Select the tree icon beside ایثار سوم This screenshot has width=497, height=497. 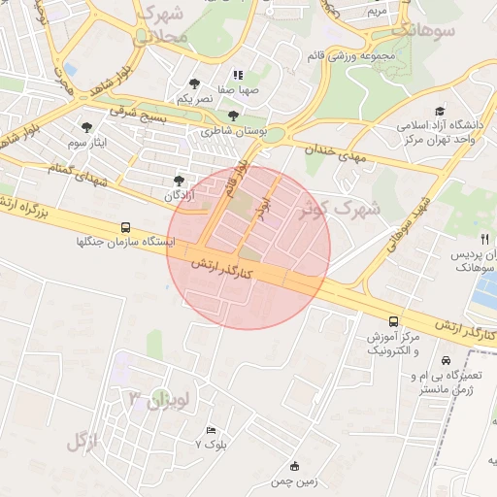tap(87, 126)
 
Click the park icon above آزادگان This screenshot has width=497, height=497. tap(178, 180)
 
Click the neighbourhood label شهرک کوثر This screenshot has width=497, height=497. tap(340, 207)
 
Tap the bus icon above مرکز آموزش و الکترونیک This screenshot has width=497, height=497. tap(393, 321)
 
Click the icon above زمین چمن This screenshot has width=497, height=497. tap(295, 465)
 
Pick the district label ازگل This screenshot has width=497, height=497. tap(83, 442)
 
